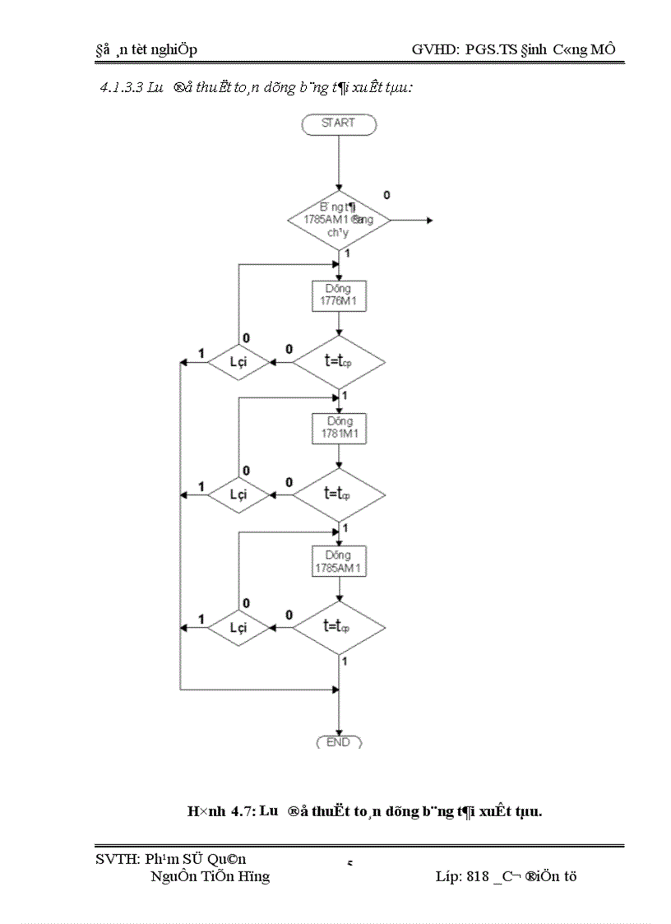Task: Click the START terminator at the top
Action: (338, 123)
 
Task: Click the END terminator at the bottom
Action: (338, 742)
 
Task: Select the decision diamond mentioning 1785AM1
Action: (338, 221)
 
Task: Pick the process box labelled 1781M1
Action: (338, 428)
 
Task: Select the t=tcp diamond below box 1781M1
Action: (338, 495)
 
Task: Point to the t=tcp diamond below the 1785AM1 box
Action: (338, 627)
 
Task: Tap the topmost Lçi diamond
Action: (238, 361)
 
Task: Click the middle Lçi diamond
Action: (238, 495)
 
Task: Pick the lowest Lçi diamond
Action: (238, 627)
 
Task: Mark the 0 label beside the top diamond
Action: (386, 195)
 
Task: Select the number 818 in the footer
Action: (478, 876)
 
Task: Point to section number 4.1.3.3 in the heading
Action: (121, 86)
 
